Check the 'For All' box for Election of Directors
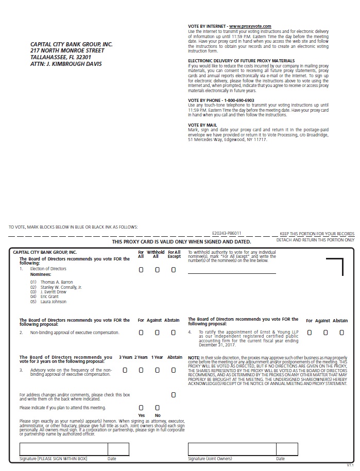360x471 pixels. point(141,270)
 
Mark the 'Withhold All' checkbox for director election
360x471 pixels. point(157,270)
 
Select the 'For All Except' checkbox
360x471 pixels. point(174,270)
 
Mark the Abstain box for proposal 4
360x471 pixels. point(341,333)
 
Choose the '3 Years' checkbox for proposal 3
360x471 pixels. point(125,370)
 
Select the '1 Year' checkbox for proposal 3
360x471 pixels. point(157,370)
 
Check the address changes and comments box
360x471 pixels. point(174,395)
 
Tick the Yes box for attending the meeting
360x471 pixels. point(141,408)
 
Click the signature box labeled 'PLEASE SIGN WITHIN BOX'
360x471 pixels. point(63,449)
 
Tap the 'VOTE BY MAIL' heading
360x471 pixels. point(202,125)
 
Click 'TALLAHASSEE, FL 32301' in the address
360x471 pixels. point(61,58)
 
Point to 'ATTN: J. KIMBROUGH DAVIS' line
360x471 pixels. point(66,64)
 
